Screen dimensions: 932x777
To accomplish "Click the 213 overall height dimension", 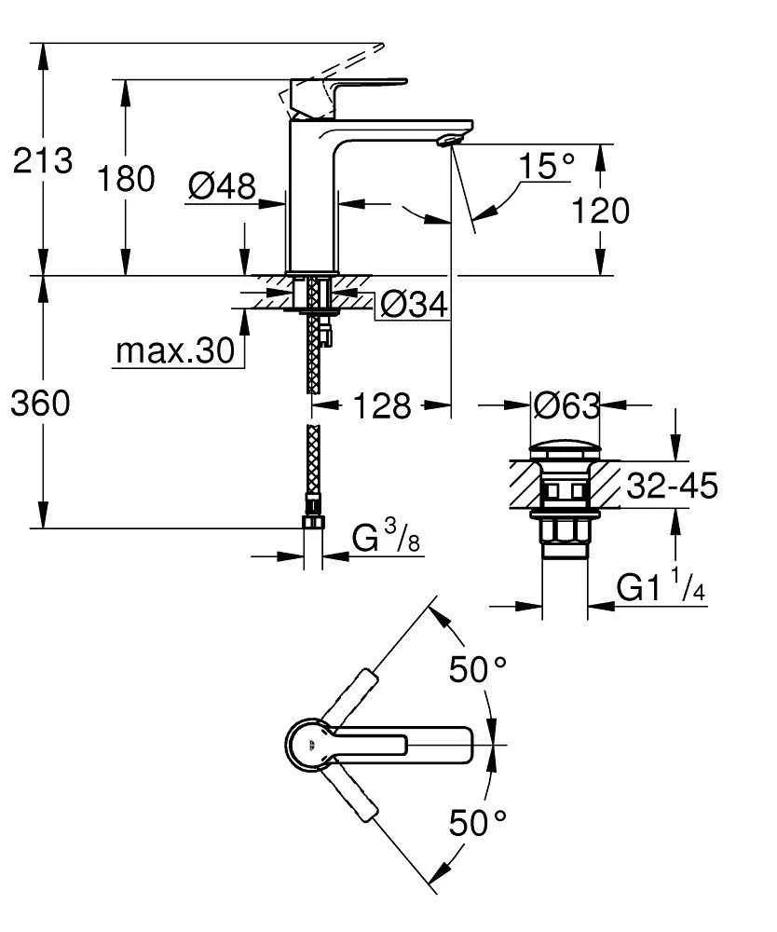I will coord(42,160).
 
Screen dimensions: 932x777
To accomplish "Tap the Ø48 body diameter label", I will coord(221,186).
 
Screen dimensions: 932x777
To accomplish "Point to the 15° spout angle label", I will coord(547,168).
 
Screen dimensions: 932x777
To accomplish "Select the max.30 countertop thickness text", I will coord(175,351).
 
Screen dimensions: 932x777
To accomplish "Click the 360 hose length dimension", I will coord(40,404).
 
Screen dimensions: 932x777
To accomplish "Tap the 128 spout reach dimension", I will coord(382,405).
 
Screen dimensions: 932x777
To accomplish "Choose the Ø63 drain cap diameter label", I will coord(566,405).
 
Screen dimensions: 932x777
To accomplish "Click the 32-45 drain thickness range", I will coord(672,486).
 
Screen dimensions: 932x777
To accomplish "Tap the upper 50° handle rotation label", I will coord(478,669).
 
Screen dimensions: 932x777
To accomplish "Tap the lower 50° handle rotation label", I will coord(478,821).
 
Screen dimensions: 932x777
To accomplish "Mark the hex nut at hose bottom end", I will coord(313,521).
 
